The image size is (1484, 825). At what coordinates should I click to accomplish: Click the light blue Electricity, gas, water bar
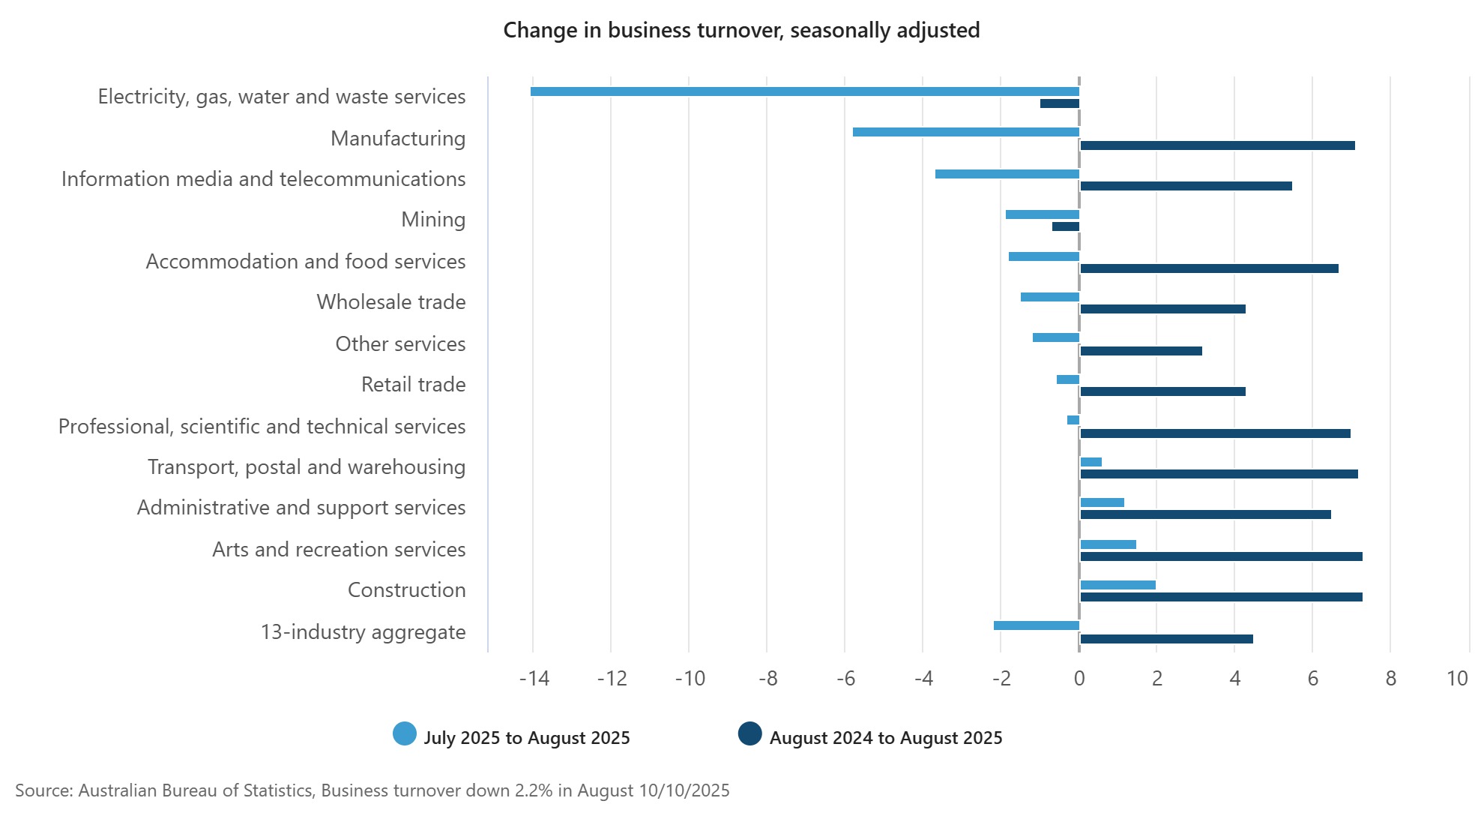click(x=804, y=91)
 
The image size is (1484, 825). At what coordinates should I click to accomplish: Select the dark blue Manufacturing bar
click(x=1217, y=145)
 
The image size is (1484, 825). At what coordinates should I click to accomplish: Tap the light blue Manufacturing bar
click(x=965, y=132)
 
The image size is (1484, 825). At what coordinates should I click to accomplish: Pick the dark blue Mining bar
click(x=1066, y=226)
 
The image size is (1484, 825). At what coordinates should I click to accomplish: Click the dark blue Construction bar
click(x=1221, y=597)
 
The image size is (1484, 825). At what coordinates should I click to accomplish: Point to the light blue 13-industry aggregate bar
click(x=1036, y=625)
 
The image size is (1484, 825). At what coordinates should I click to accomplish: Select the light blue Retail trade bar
click(x=1068, y=379)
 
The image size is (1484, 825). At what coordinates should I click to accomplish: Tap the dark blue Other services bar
click(x=1141, y=351)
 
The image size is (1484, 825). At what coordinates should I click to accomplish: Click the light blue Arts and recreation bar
click(x=1108, y=544)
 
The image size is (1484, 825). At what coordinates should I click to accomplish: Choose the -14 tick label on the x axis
click(x=534, y=679)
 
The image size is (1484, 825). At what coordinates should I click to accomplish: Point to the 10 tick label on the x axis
click(x=1456, y=679)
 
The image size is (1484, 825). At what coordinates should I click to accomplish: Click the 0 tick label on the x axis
click(x=1079, y=679)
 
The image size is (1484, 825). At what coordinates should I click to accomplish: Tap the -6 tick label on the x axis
click(x=845, y=679)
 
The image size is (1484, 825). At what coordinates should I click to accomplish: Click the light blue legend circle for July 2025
click(x=405, y=734)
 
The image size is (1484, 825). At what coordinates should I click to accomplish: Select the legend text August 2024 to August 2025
click(x=886, y=738)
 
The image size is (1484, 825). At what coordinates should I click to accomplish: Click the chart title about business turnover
click(x=741, y=30)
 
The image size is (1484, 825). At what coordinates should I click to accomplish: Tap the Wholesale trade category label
click(x=390, y=302)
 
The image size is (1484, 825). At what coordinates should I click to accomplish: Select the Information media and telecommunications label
click(x=263, y=179)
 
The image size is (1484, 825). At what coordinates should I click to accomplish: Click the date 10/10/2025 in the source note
click(x=684, y=790)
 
